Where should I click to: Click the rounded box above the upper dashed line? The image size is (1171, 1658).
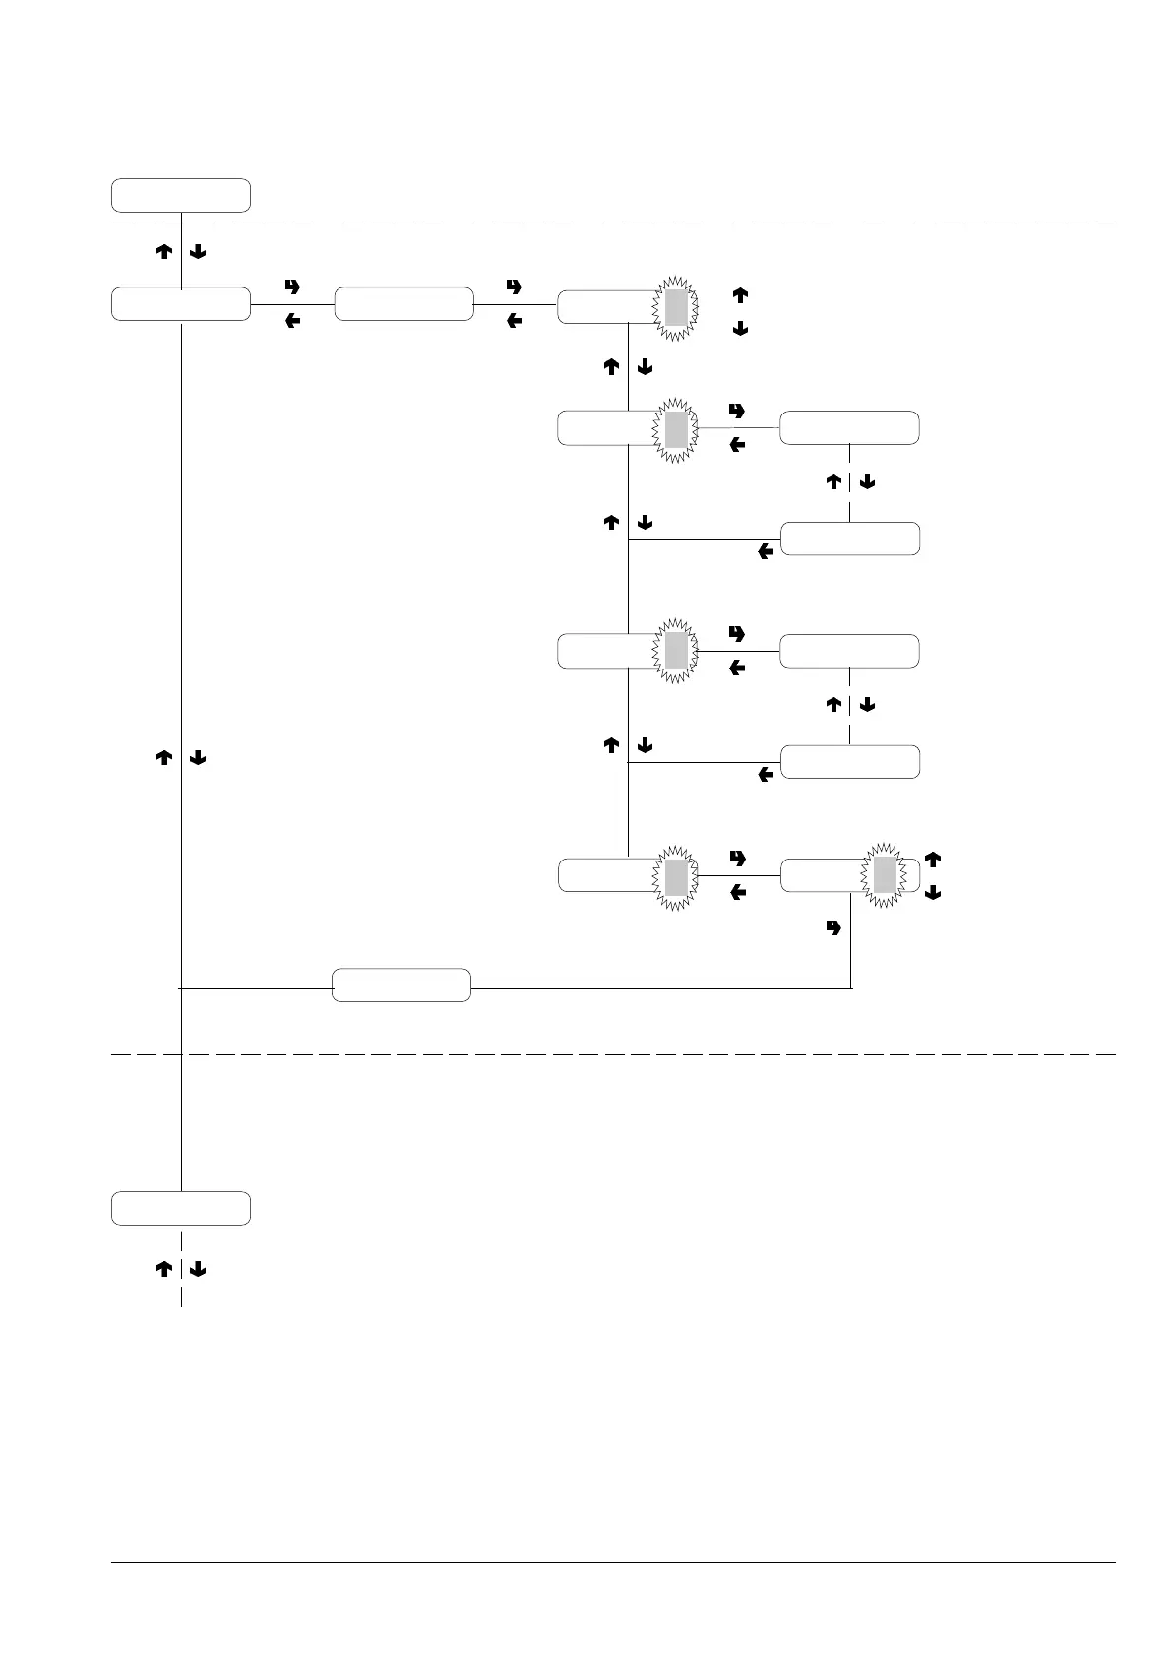180,195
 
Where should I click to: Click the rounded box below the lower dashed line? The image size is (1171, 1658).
180,1208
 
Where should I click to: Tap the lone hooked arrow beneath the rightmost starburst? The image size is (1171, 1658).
834,927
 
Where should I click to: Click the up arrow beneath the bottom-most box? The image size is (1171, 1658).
164,1270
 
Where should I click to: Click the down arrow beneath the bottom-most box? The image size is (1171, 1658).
197,1270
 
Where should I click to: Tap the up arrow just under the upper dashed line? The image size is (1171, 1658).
164,252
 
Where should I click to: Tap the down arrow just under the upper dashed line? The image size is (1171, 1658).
197,252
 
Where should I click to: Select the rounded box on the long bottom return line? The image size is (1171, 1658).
401,985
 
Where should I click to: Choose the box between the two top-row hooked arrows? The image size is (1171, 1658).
403,304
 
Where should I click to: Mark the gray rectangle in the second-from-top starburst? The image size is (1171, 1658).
675,429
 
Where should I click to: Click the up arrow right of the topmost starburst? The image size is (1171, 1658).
740,294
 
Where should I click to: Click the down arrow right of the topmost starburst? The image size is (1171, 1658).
740,329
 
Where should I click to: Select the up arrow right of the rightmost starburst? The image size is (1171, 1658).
933,860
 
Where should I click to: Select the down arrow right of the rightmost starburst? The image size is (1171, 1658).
933,893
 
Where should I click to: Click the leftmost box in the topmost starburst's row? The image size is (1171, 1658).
180,304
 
